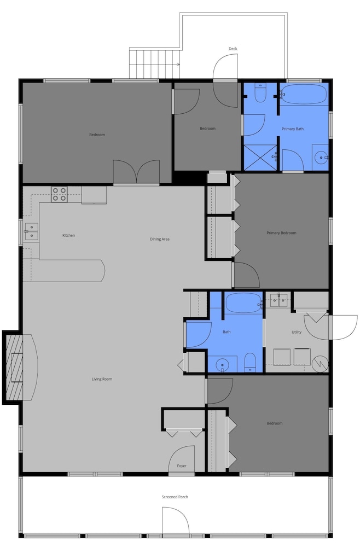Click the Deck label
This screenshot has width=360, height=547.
click(x=233, y=49)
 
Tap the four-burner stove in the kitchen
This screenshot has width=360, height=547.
click(x=59, y=195)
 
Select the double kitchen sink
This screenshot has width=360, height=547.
click(x=31, y=231)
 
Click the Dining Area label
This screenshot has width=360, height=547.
click(x=160, y=240)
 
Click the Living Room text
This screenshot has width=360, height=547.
click(x=102, y=379)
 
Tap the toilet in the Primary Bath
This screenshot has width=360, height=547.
click(x=260, y=92)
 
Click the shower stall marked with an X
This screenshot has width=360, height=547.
click(x=260, y=158)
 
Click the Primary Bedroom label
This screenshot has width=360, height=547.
click(x=281, y=233)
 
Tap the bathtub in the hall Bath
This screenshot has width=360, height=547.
click(x=244, y=303)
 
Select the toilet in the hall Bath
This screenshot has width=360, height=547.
click(x=250, y=362)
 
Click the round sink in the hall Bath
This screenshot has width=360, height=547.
click(x=223, y=365)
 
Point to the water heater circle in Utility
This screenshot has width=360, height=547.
click(x=320, y=364)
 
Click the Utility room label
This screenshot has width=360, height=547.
click(x=297, y=332)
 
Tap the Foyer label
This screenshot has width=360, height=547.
click(x=182, y=465)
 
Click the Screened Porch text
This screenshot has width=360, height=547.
click(x=175, y=497)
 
